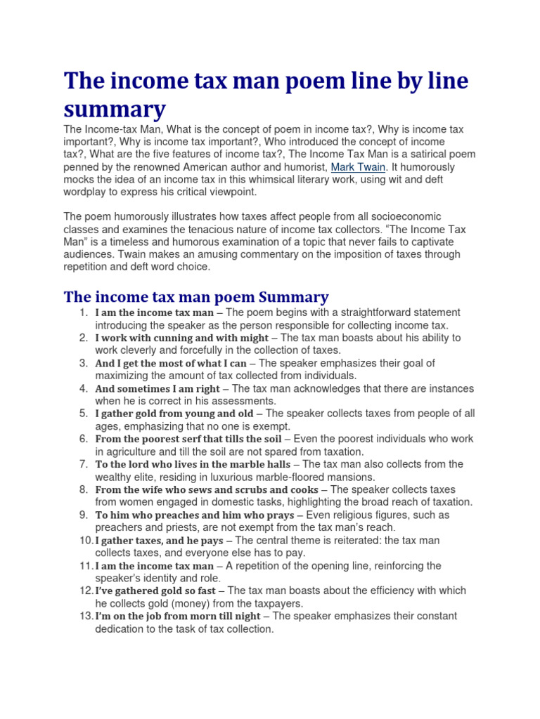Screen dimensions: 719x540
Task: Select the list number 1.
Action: coord(83,312)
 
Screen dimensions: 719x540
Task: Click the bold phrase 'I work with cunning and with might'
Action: coord(181,338)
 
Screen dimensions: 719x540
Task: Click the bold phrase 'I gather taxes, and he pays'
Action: coord(159,540)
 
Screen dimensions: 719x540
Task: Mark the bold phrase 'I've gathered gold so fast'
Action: coord(155,591)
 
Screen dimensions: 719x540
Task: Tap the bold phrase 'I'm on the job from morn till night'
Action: coord(179,616)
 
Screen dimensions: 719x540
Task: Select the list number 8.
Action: coord(83,489)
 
